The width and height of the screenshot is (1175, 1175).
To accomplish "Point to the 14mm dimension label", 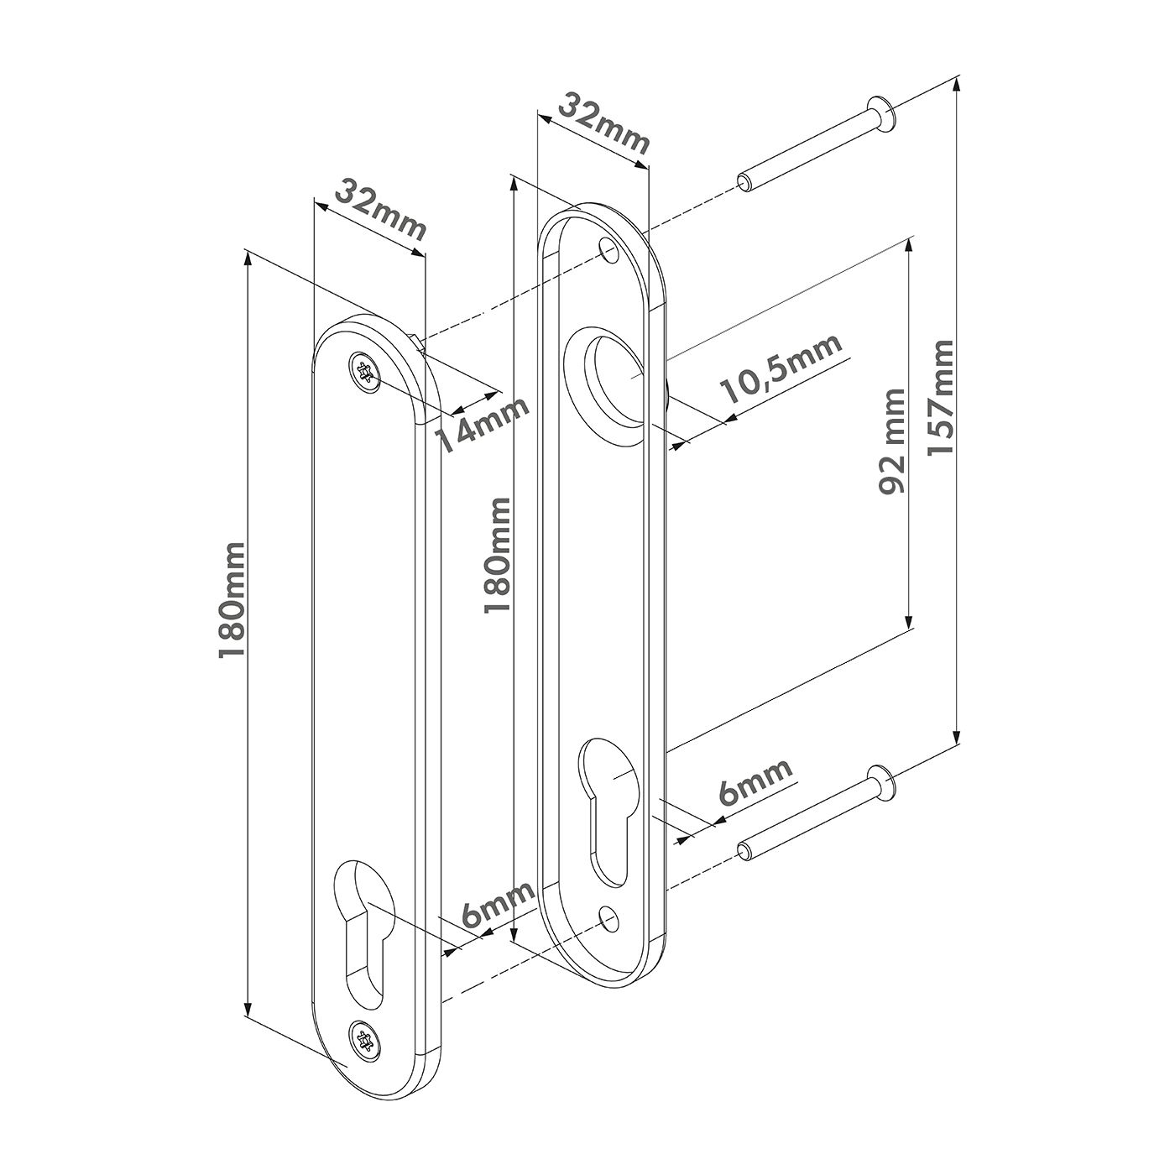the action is pyautogui.click(x=483, y=425).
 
